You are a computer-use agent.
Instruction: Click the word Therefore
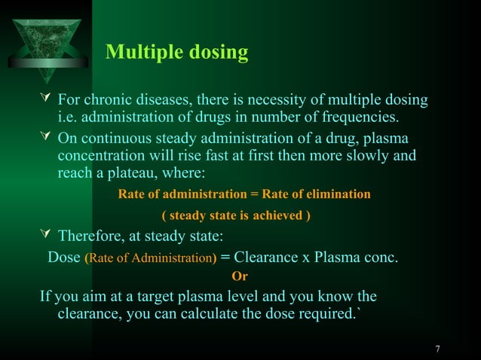(93, 236)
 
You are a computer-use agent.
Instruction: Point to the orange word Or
(240, 276)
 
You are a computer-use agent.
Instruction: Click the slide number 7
(438, 349)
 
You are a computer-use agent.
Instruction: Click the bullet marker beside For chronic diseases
(47, 100)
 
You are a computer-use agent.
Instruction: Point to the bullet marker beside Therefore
(47, 236)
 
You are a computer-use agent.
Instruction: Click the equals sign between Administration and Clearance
(225, 258)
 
